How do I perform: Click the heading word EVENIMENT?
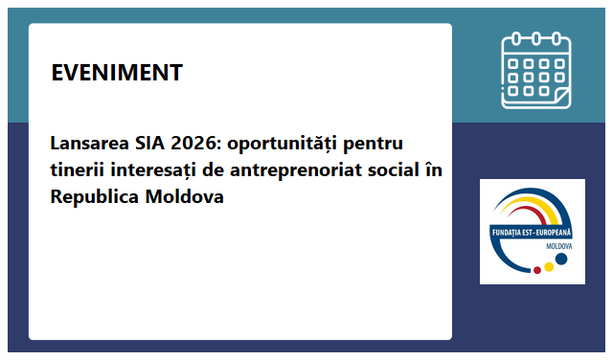point(116,73)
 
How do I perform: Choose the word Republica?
point(95,197)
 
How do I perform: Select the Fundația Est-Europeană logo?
point(532,231)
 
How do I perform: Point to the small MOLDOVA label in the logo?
point(558,245)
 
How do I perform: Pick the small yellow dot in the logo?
point(549,266)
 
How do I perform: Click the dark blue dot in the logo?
point(562,259)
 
